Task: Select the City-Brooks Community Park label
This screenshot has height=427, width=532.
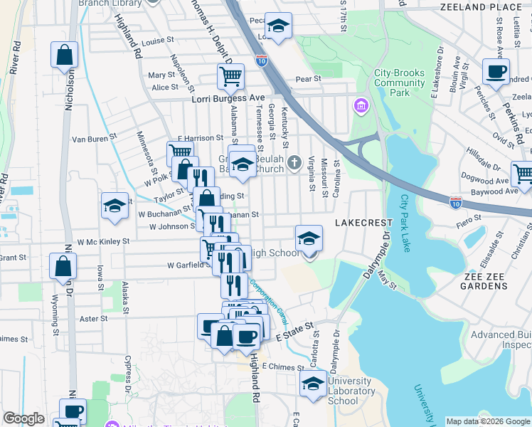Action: [x=400, y=83]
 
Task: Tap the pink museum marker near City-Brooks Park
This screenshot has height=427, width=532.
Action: [x=361, y=107]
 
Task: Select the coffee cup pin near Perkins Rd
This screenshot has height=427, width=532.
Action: [x=496, y=71]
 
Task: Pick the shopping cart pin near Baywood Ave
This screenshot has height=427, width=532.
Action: [x=523, y=174]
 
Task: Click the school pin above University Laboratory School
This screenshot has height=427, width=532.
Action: [x=312, y=383]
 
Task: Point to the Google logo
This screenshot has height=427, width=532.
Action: [x=23, y=418]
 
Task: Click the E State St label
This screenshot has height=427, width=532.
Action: [x=294, y=330]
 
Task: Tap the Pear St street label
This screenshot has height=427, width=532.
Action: [x=308, y=79]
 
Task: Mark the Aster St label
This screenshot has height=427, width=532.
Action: [x=93, y=319]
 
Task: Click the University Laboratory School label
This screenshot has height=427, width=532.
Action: [x=351, y=391]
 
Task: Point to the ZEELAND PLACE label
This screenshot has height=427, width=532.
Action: [x=491, y=6]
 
